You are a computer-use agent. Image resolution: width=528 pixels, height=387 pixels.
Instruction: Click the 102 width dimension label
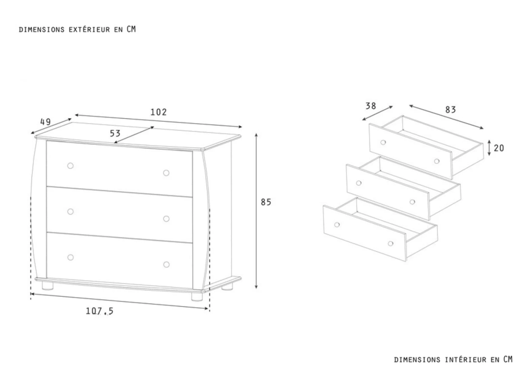(x=158, y=112)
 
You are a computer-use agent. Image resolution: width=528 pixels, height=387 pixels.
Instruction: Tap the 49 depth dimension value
(x=45, y=122)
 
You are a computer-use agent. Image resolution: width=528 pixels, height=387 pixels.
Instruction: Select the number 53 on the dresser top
(x=115, y=133)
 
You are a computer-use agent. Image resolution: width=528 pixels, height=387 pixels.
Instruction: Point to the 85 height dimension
(x=266, y=202)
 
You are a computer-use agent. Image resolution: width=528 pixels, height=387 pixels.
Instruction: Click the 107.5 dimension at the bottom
(x=100, y=311)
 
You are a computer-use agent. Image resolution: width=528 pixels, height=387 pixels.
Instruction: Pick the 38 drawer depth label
(x=371, y=106)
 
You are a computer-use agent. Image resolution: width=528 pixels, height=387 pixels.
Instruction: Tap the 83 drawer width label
(x=451, y=110)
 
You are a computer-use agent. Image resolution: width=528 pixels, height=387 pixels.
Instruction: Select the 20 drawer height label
(x=499, y=148)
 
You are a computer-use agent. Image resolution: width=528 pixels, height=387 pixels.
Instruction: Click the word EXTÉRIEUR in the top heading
(x=89, y=30)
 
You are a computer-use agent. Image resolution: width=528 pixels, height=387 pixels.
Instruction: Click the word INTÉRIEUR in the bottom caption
(x=466, y=360)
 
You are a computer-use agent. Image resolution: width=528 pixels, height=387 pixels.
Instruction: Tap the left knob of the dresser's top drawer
(x=70, y=166)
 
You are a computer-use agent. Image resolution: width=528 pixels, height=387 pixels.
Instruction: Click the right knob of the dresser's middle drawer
(x=166, y=219)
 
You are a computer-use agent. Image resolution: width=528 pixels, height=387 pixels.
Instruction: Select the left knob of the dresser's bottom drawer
(x=70, y=257)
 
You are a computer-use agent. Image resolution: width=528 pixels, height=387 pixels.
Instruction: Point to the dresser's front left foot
(x=48, y=286)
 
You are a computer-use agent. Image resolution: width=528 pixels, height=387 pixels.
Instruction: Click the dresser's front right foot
(x=197, y=297)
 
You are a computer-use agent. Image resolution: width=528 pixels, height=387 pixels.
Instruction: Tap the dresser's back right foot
(x=227, y=287)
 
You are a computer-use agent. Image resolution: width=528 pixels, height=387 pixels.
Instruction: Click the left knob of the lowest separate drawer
(x=337, y=225)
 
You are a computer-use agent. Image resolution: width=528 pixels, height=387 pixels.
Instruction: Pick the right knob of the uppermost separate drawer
(x=437, y=161)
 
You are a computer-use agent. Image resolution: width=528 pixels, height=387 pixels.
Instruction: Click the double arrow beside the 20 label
(x=489, y=148)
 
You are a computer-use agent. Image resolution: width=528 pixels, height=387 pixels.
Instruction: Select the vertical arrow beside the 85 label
(x=256, y=211)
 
